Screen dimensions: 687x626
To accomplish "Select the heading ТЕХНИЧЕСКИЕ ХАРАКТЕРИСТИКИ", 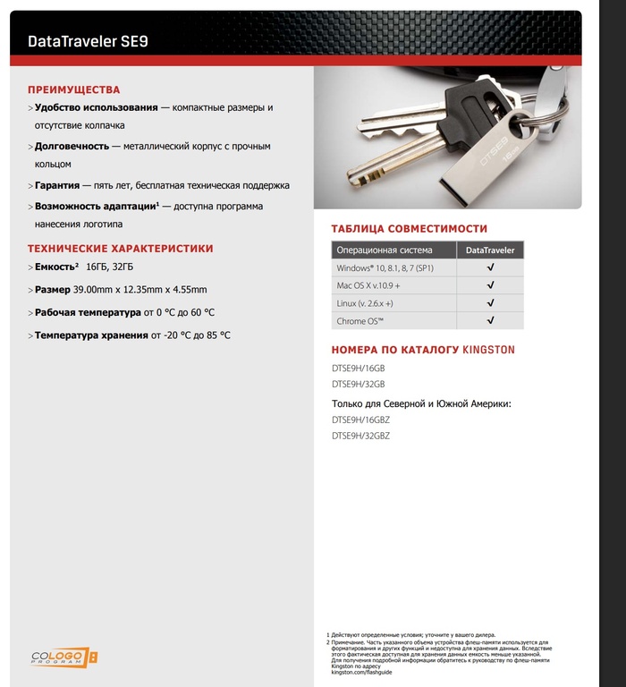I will (x=121, y=249).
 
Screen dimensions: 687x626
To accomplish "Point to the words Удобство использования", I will (x=96, y=107).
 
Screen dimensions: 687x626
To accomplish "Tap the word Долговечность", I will (x=72, y=146).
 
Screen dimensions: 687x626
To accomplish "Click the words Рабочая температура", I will (x=88, y=312).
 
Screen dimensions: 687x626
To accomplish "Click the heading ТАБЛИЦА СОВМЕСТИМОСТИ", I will (x=409, y=229).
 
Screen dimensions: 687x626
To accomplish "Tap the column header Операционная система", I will (x=385, y=250).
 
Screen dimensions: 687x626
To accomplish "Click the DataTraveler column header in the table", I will (x=490, y=250).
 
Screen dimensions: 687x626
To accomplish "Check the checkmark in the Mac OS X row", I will (x=490, y=285).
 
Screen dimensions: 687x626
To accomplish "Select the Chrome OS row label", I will (x=360, y=320).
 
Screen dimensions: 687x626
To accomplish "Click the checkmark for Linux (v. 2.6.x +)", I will (x=490, y=303).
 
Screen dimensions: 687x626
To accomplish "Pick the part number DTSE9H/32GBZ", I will (x=360, y=436).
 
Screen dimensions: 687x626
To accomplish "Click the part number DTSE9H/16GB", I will (x=358, y=368).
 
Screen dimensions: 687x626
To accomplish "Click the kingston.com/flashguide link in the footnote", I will (x=355, y=672).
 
